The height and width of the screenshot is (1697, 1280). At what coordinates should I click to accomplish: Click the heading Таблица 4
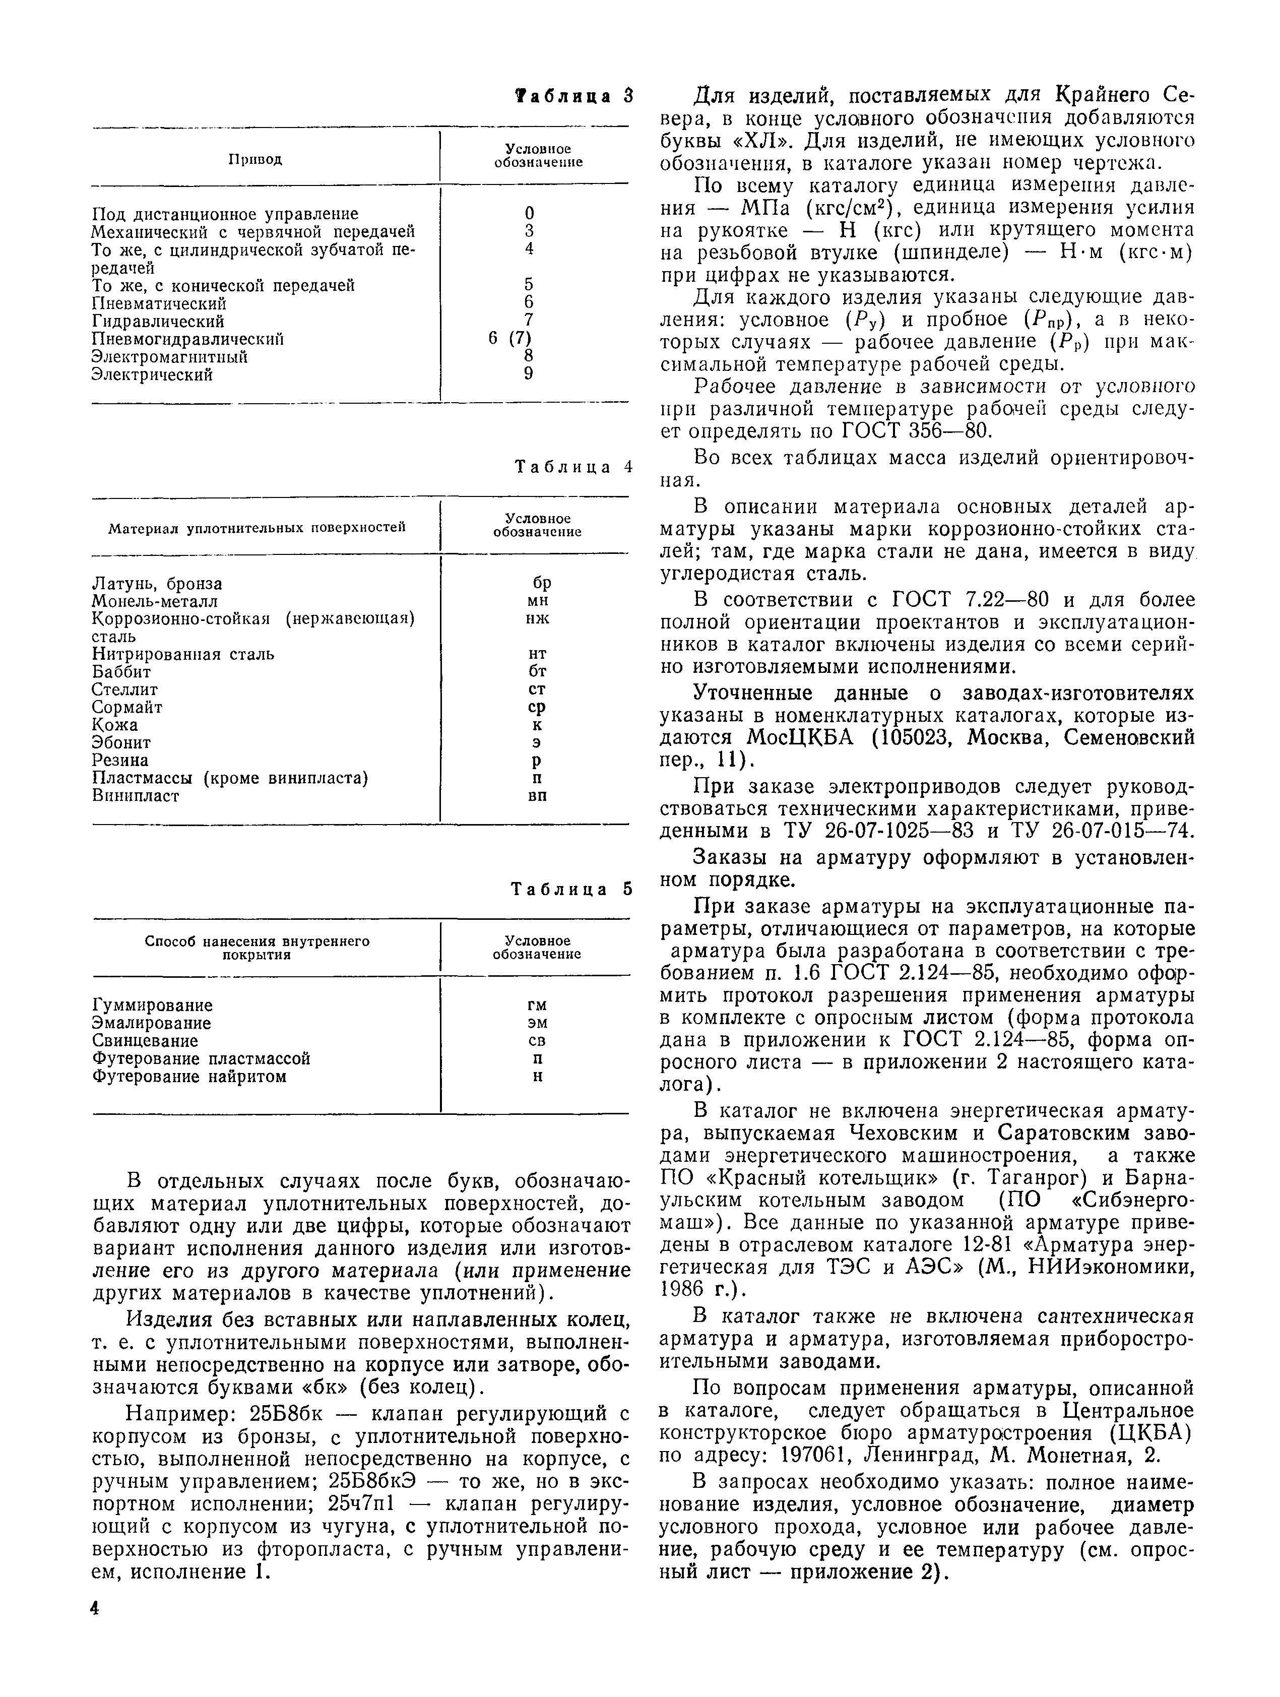[573, 467]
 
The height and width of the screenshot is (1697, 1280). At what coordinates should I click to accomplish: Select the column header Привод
[255, 160]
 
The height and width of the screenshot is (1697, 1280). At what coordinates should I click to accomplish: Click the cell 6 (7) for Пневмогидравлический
[510, 338]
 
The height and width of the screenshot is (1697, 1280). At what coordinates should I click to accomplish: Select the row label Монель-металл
[155, 601]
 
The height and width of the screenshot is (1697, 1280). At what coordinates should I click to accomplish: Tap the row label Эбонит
[121, 742]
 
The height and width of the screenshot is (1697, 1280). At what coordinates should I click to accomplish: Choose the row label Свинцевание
[145, 1041]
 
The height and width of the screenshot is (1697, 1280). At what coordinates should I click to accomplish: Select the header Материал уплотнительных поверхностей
[256, 527]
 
